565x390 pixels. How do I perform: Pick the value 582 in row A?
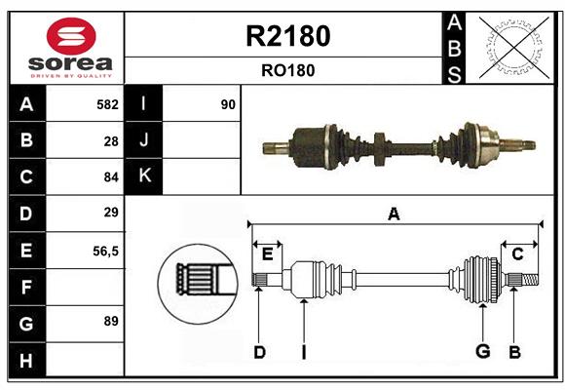[107, 104]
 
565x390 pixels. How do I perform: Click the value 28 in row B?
[111, 140]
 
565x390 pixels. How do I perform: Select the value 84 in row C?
[111, 176]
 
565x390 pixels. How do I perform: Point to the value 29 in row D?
[111, 213]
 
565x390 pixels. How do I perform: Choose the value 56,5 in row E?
[105, 250]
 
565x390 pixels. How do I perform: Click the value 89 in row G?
[111, 321]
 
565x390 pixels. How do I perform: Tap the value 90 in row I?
[228, 104]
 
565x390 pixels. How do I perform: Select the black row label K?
[144, 176]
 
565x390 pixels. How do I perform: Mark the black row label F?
[26, 287]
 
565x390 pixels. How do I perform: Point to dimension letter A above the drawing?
[394, 214]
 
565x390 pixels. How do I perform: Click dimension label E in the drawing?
[267, 254]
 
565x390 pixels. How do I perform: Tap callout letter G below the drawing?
[481, 352]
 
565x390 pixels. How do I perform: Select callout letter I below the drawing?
[303, 352]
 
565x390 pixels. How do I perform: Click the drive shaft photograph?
[397, 146]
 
